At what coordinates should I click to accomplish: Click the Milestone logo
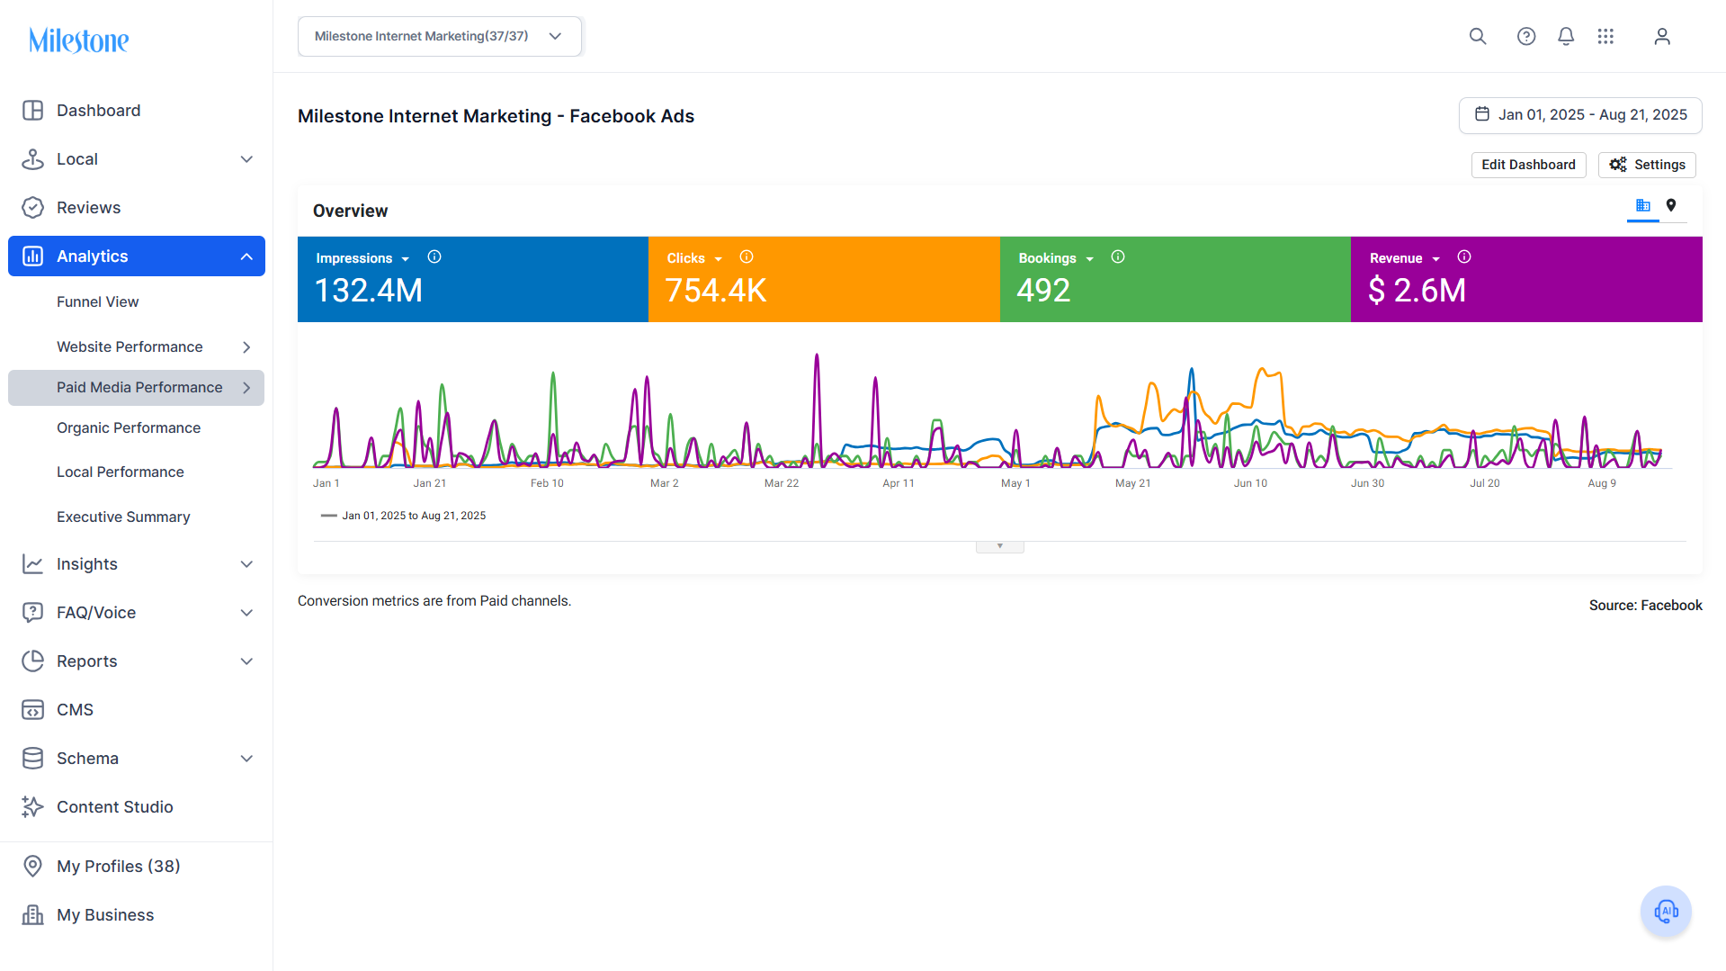coord(79,40)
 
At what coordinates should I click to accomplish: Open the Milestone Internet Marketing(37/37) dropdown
coord(439,36)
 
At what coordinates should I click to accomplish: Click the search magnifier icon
coord(1478,36)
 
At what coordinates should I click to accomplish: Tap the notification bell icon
coord(1566,36)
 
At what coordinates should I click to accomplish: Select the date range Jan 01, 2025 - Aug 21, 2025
coord(1580,115)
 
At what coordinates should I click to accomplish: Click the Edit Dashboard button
coord(1528,165)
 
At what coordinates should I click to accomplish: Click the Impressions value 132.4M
coord(369,291)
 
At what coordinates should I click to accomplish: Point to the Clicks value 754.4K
coord(716,291)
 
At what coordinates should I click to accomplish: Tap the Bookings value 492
coord(1043,291)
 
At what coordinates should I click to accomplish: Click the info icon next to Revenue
coord(1464,257)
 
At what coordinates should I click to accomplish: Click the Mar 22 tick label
coord(782,483)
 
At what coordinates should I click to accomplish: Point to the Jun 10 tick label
coord(1250,483)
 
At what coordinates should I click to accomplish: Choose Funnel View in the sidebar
coord(97,302)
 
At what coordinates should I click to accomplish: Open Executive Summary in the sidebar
coord(123,517)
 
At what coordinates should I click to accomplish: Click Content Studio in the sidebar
coord(115,807)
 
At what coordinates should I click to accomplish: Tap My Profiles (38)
coord(119,867)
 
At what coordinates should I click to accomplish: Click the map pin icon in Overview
coord(1671,205)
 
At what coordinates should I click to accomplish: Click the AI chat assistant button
coord(1666,912)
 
